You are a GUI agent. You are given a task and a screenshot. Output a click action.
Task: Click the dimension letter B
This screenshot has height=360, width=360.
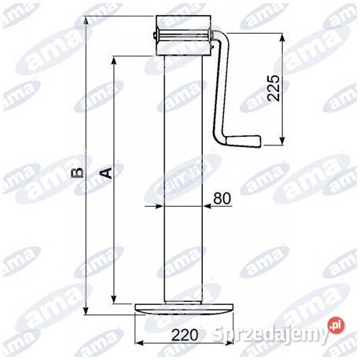pyautogui.click(x=77, y=172)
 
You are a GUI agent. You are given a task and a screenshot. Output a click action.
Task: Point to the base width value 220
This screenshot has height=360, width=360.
pyautogui.click(x=184, y=334)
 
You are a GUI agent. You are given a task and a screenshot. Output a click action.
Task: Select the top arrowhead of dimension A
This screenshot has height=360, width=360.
pyautogui.click(x=116, y=60)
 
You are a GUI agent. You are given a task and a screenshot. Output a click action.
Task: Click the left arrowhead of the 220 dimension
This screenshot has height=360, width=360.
pyautogui.click(x=139, y=344)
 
